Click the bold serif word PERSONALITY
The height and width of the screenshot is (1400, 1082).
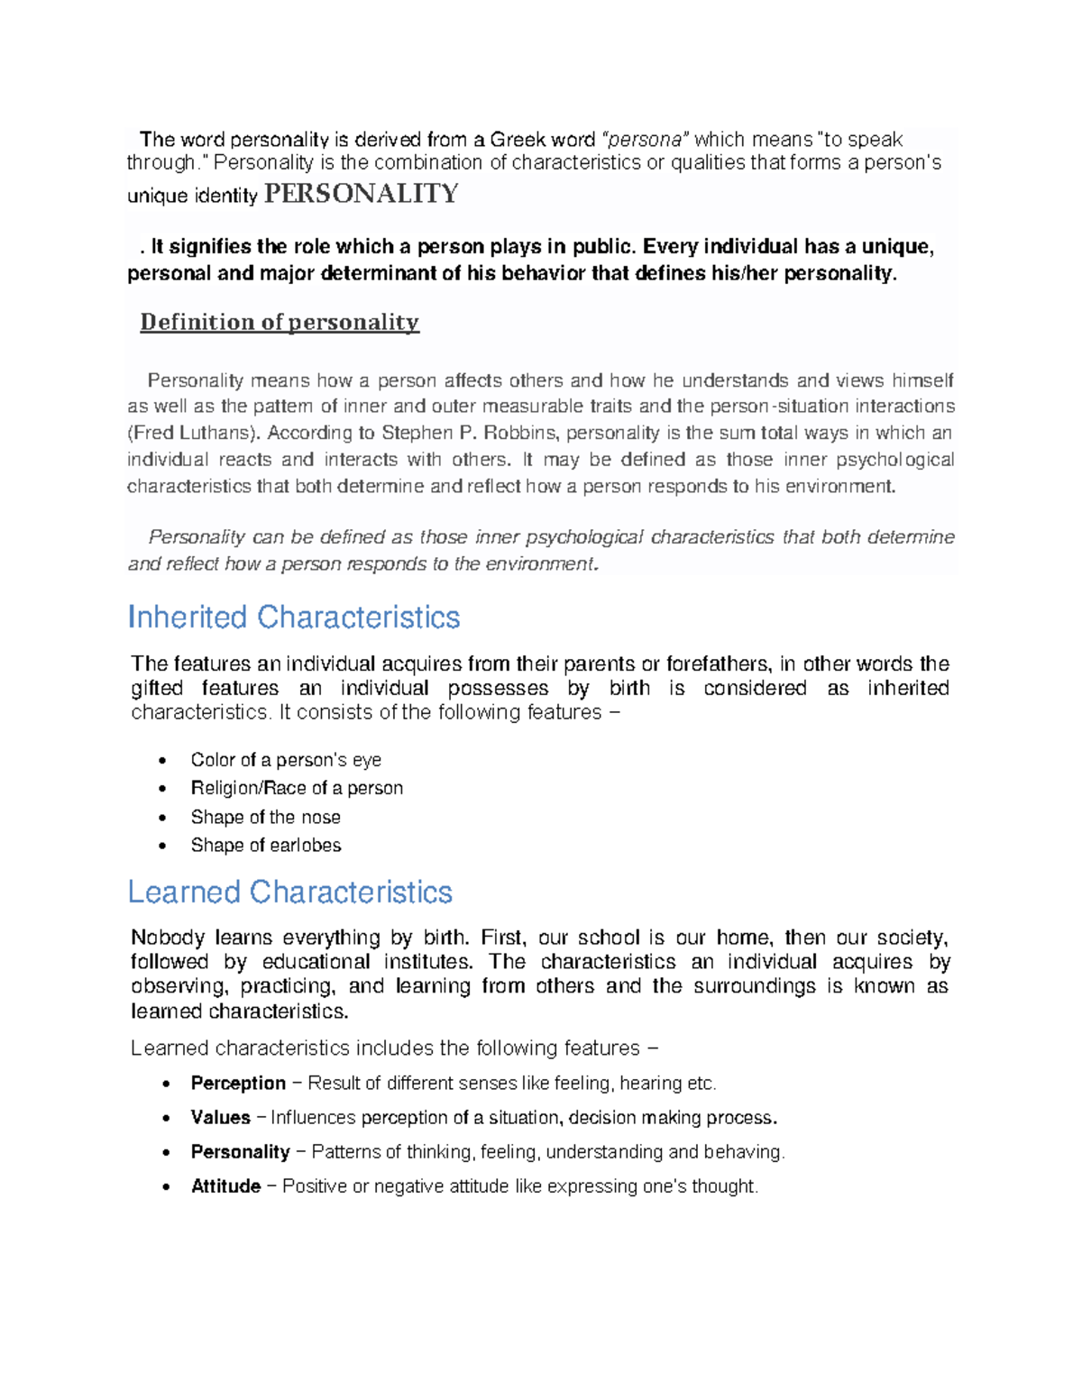click(361, 194)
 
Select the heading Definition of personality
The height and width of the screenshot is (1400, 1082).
click(280, 322)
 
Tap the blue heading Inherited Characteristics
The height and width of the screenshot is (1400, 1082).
click(294, 618)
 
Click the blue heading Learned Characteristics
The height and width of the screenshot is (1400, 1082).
click(289, 892)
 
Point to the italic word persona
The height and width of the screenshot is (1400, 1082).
click(646, 140)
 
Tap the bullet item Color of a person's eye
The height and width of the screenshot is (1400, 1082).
click(286, 760)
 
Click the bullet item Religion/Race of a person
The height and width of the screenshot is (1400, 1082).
click(297, 788)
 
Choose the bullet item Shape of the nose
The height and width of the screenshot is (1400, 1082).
click(265, 818)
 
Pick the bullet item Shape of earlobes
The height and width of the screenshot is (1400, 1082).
click(266, 846)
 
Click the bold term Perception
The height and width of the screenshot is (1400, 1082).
click(238, 1084)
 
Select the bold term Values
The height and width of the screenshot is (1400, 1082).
click(220, 1118)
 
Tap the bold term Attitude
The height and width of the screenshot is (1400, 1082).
click(225, 1186)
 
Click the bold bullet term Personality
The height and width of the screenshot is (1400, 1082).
click(240, 1152)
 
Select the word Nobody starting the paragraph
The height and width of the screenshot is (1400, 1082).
click(168, 938)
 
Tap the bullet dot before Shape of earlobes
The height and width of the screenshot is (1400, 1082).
click(162, 846)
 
